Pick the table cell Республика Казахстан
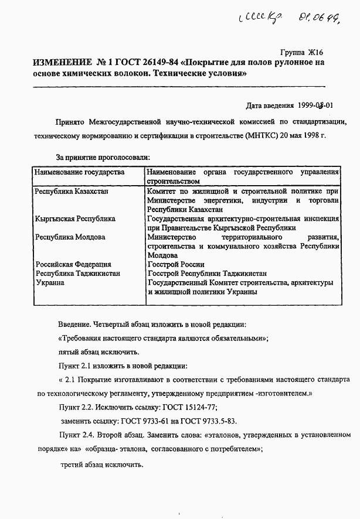click(x=72, y=191)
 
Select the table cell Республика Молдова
click(x=70, y=237)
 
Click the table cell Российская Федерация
click(x=73, y=264)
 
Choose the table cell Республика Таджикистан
click(x=78, y=274)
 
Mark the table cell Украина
click(x=50, y=283)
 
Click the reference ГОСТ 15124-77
click(x=188, y=407)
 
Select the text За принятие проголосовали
click(x=103, y=158)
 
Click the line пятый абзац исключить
click(x=99, y=352)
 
